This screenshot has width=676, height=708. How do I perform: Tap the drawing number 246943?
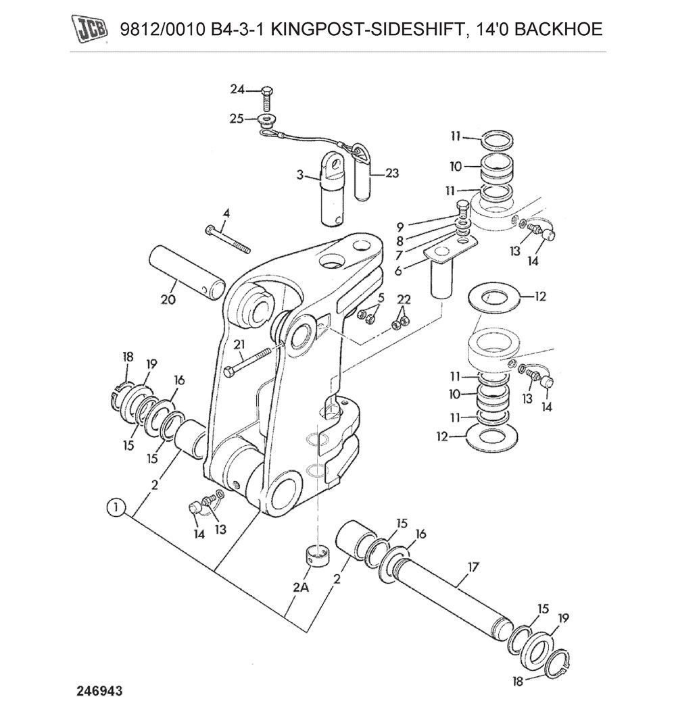coord(100,691)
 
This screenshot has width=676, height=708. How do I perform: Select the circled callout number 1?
coord(116,506)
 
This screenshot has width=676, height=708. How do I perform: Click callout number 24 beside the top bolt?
coord(236,90)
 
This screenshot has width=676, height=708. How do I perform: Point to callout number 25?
coord(236,119)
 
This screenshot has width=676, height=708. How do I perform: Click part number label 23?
coord(392,173)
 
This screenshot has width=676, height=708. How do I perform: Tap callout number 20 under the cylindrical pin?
coord(168,299)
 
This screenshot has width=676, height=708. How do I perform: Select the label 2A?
coord(300,588)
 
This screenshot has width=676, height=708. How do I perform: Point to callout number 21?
coord(239,345)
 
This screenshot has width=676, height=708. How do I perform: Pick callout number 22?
coord(404,299)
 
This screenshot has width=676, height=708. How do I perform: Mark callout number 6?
coord(398,270)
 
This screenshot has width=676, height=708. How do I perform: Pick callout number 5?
coord(381,297)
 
